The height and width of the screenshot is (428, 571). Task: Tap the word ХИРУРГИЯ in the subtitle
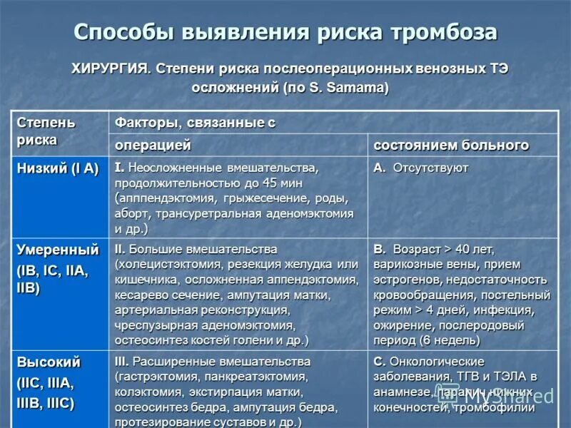click(110, 69)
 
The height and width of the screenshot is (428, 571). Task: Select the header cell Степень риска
click(46, 131)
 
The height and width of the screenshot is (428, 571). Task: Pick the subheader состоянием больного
click(451, 145)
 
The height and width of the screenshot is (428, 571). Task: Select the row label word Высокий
click(49, 362)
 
